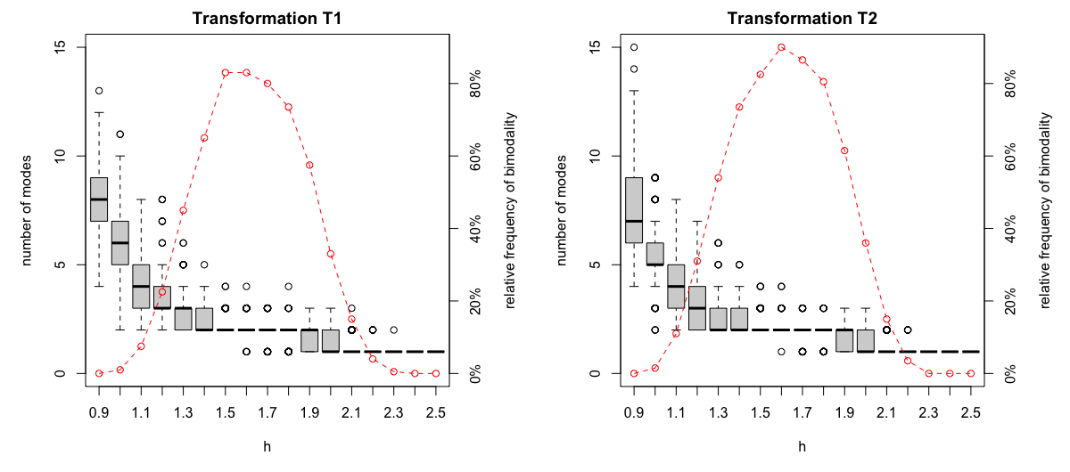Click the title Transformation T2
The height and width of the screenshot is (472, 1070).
tap(802, 19)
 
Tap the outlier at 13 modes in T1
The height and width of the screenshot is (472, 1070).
tap(99, 91)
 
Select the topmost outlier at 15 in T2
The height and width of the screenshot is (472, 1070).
tap(634, 47)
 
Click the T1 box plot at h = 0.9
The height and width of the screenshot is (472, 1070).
tap(99, 199)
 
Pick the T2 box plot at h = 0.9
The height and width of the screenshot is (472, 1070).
tap(634, 210)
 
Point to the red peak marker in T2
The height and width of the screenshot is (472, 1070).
tap(781, 47)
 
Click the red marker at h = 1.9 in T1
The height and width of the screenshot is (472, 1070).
tap(309, 165)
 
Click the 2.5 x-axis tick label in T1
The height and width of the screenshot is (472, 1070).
tap(435, 413)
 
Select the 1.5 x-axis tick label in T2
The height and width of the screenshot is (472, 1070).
tap(760, 413)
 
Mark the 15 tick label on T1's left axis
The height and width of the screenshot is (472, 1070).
tap(62, 47)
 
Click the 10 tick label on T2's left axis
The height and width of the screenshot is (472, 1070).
tap(597, 156)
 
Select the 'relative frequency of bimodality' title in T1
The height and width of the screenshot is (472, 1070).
tap(511, 210)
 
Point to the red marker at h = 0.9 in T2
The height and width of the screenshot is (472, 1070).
tap(634, 373)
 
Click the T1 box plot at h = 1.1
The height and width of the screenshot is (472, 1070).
tap(141, 286)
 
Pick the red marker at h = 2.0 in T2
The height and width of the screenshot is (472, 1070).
tap(865, 243)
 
